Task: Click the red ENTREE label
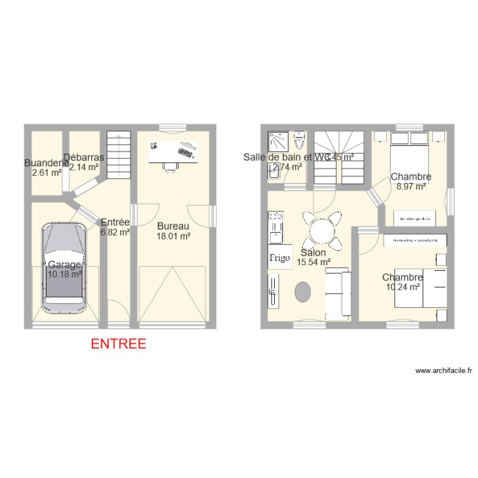pyautogui.click(x=119, y=344)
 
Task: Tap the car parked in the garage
pyautogui.click(x=64, y=268)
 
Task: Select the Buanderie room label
pyautogui.click(x=46, y=163)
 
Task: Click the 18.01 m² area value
pyautogui.click(x=174, y=236)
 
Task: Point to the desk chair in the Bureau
pyautogui.click(x=170, y=166)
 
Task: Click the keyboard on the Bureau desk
pyautogui.click(x=187, y=150)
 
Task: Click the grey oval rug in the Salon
pyautogui.click(x=303, y=291)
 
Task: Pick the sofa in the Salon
pyautogui.click(x=338, y=293)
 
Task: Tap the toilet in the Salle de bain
pyautogui.click(x=300, y=140)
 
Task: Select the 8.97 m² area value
pyautogui.click(x=411, y=187)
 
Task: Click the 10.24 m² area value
pyautogui.click(x=403, y=287)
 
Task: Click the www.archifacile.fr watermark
pyautogui.click(x=443, y=370)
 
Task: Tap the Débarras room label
pyautogui.click(x=84, y=157)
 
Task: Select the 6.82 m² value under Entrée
pyautogui.click(x=115, y=233)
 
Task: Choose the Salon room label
pyautogui.click(x=314, y=252)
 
